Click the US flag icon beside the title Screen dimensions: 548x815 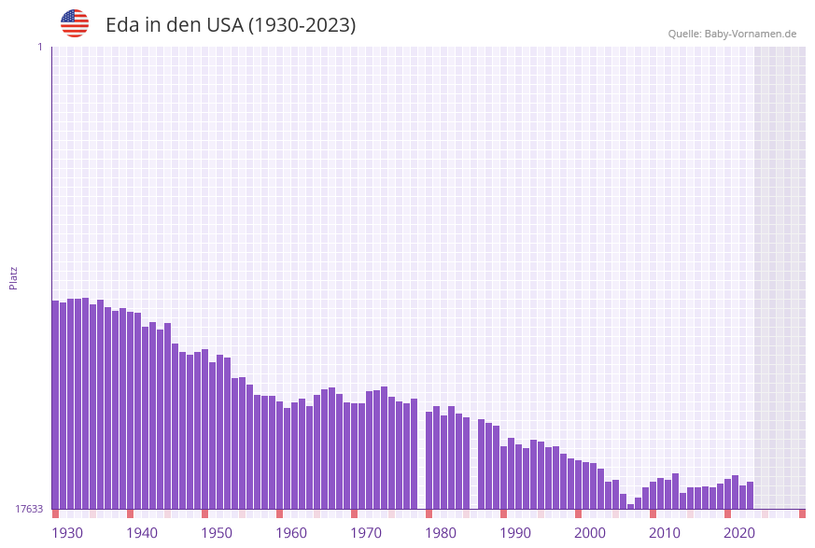tap(75, 23)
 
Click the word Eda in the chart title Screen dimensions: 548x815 tap(122, 25)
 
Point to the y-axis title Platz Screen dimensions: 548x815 tap(14, 277)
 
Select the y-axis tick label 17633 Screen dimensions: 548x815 tap(28, 509)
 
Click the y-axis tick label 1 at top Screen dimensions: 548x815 tap(39, 47)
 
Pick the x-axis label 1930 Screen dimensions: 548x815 tap(67, 533)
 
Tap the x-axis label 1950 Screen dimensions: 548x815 tap(217, 533)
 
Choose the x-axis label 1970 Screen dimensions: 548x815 tap(366, 533)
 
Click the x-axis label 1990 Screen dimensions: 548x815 tap(515, 533)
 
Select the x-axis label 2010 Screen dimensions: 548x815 tap(665, 533)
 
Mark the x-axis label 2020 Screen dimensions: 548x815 tap(739, 533)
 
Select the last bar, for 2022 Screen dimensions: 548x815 tap(750, 496)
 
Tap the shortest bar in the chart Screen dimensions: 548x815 tap(631, 506)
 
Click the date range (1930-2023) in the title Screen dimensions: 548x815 tap(302, 25)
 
